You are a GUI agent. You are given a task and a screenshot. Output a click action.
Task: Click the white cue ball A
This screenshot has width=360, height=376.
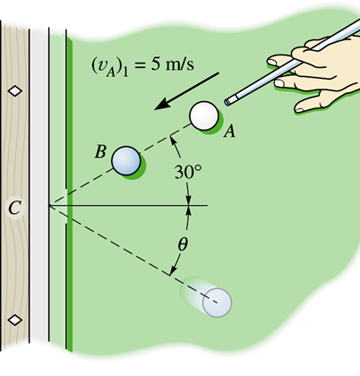point(204,115)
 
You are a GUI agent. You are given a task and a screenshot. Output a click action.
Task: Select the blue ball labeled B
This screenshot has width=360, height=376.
point(126,160)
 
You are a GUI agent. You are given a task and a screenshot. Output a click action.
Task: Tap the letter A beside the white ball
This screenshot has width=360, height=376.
point(229,132)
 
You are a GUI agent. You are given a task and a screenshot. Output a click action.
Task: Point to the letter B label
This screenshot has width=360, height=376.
point(100,151)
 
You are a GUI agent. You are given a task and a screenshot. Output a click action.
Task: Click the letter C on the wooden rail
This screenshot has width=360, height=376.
point(14,208)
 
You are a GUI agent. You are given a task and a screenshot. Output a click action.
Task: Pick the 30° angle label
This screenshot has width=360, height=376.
point(188,172)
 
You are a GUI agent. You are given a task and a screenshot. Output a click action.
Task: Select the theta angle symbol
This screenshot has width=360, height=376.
point(183,244)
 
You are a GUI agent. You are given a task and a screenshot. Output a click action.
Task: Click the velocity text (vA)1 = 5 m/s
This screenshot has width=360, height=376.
point(142,66)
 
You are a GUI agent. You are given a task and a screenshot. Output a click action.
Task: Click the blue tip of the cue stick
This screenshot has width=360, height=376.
point(227,102)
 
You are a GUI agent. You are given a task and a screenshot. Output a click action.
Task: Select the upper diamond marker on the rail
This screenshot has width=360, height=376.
point(14,90)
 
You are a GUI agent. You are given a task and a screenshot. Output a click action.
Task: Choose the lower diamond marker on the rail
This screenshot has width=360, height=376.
point(14,320)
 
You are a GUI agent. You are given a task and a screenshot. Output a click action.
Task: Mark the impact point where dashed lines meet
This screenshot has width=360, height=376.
point(49,205)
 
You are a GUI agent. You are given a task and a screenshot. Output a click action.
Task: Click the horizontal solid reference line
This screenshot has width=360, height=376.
point(128,205)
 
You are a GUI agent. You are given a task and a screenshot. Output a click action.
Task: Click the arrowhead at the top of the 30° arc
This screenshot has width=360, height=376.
point(173,141)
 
